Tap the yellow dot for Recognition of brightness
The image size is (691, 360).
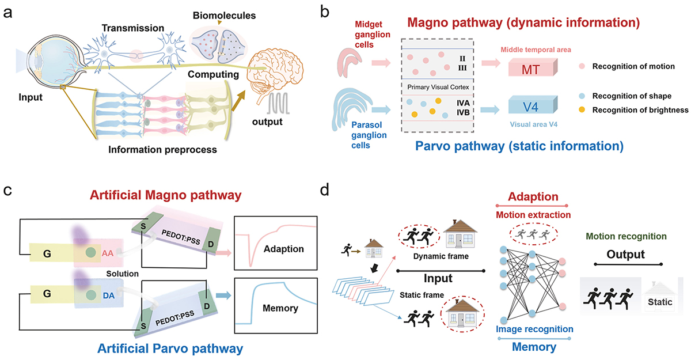tap(582, 109)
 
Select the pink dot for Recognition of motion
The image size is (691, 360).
tap(582, 66)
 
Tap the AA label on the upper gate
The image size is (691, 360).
tap(107, 252)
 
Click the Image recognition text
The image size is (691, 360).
tap(535, 329)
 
